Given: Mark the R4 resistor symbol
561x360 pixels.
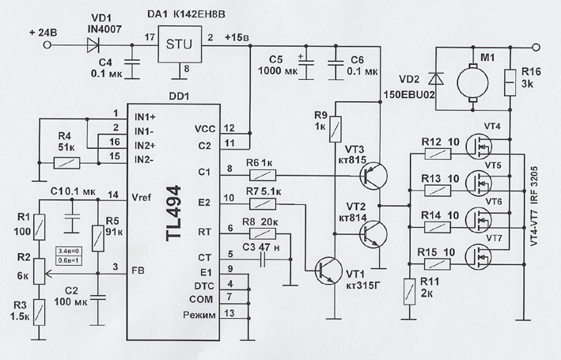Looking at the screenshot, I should (x=65, y=165).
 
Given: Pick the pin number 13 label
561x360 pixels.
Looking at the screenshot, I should (x=229, y=313).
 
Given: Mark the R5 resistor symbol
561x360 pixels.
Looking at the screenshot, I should (x=98, y=235).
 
